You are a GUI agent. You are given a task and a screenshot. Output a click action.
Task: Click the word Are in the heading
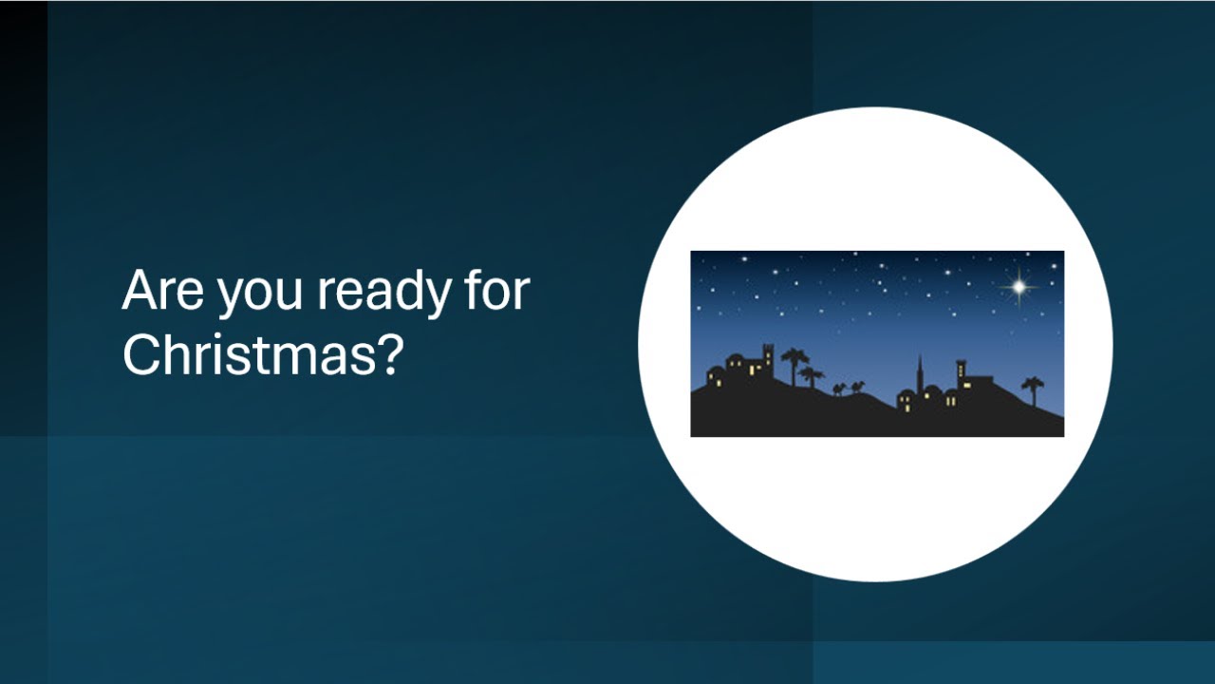[x=162, y=292]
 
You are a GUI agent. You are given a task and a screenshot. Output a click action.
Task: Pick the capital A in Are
[x=140, y=292]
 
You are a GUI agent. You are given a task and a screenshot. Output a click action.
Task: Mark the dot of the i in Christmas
[x=210, y=336]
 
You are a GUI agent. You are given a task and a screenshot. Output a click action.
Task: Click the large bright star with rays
[x=1019, y=285]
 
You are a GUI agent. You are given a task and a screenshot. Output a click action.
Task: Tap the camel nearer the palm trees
[x=838, y=389]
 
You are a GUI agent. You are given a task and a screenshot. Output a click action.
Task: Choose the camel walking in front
[x=858, y=387]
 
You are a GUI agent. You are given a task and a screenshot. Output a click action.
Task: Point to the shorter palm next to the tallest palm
[x=812, y=376]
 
